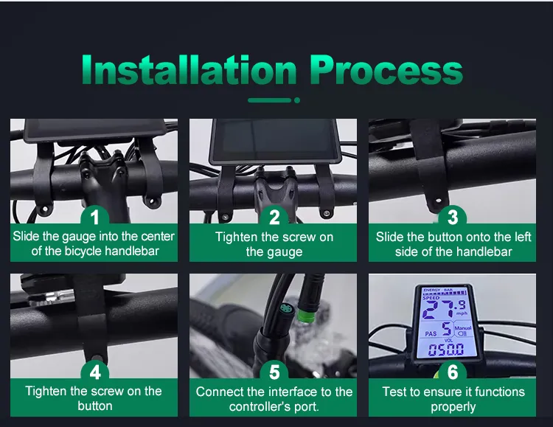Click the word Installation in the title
point(189,70)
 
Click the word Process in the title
point(386,70)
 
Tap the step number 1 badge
point(94,218)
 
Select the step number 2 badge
point(274,218)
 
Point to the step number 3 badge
point(453,218)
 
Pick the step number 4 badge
point(94,372)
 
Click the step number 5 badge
point(274,372)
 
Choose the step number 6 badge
point(453,372)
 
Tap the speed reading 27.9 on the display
point(445,309)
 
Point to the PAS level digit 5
point(447,329)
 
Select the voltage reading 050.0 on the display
point(446,350)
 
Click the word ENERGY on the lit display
point(431,290)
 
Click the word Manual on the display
point(463,328)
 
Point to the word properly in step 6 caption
point(453,407)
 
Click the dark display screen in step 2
point(275,139)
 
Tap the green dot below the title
point(297,100)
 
